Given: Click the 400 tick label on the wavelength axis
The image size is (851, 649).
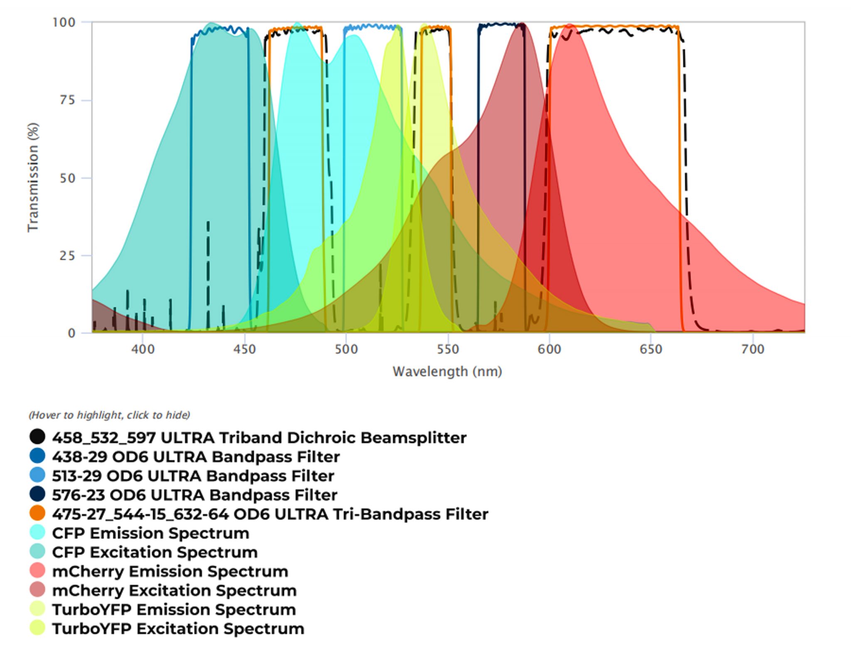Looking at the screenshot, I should point(143,349).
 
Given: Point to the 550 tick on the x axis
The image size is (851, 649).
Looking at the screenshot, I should point(448,349).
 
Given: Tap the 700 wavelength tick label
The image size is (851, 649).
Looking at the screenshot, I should point(753,349).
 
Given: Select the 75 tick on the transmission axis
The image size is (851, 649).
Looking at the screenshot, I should point(67,100).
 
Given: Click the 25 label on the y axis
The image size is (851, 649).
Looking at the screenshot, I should point(67,256).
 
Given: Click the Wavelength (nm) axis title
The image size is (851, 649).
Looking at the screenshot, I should point(447,371).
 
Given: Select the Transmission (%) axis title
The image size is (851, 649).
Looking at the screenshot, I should point(33,177).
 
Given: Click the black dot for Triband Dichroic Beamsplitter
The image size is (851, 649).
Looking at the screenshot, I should point(37,437).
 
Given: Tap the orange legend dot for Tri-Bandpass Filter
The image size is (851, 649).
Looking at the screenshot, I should point(37,514).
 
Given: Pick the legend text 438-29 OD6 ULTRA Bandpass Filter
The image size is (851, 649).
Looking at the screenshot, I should point(196,457).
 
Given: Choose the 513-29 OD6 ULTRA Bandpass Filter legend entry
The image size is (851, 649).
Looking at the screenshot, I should point(193,476).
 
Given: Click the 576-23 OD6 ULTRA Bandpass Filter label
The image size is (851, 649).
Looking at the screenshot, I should point(194,495).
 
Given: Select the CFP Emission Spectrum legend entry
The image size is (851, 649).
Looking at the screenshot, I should point(150,533).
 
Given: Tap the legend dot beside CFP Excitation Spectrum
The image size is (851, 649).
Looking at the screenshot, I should point(37,552).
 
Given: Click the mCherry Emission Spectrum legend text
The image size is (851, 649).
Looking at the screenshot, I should point(170,571).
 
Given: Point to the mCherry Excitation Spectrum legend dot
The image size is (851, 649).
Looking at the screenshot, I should point(37,590).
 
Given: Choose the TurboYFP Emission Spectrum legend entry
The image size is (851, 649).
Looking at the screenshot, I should point(174,610).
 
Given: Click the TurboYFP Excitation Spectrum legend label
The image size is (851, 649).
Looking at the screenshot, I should point(178,629).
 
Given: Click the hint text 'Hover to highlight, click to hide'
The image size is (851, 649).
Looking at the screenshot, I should point(109,415).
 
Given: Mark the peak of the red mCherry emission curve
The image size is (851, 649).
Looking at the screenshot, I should point(570,25).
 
